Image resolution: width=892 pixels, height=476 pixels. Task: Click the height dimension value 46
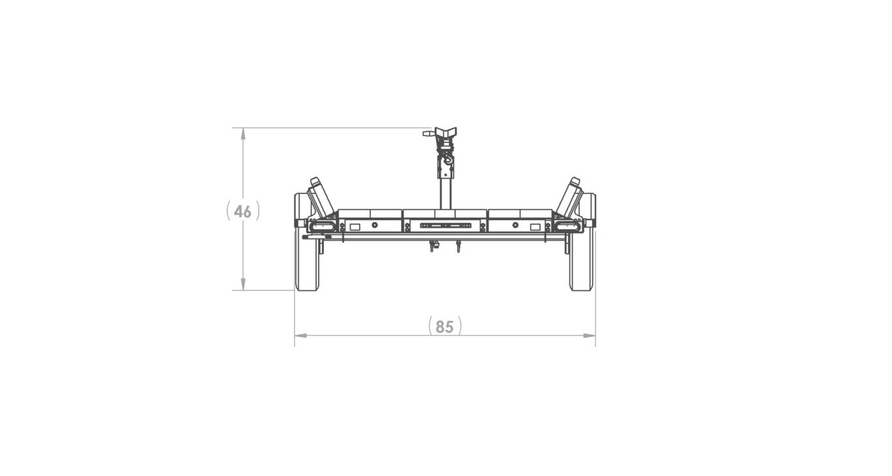tap(242, 211)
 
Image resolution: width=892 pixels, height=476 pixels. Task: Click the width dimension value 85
tap(445, 326)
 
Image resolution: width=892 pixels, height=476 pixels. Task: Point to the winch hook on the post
tap(449, 160)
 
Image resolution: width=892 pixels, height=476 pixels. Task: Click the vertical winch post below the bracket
tap(445, 193)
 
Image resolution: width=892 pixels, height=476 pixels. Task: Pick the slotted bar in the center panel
tap(445, 225)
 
